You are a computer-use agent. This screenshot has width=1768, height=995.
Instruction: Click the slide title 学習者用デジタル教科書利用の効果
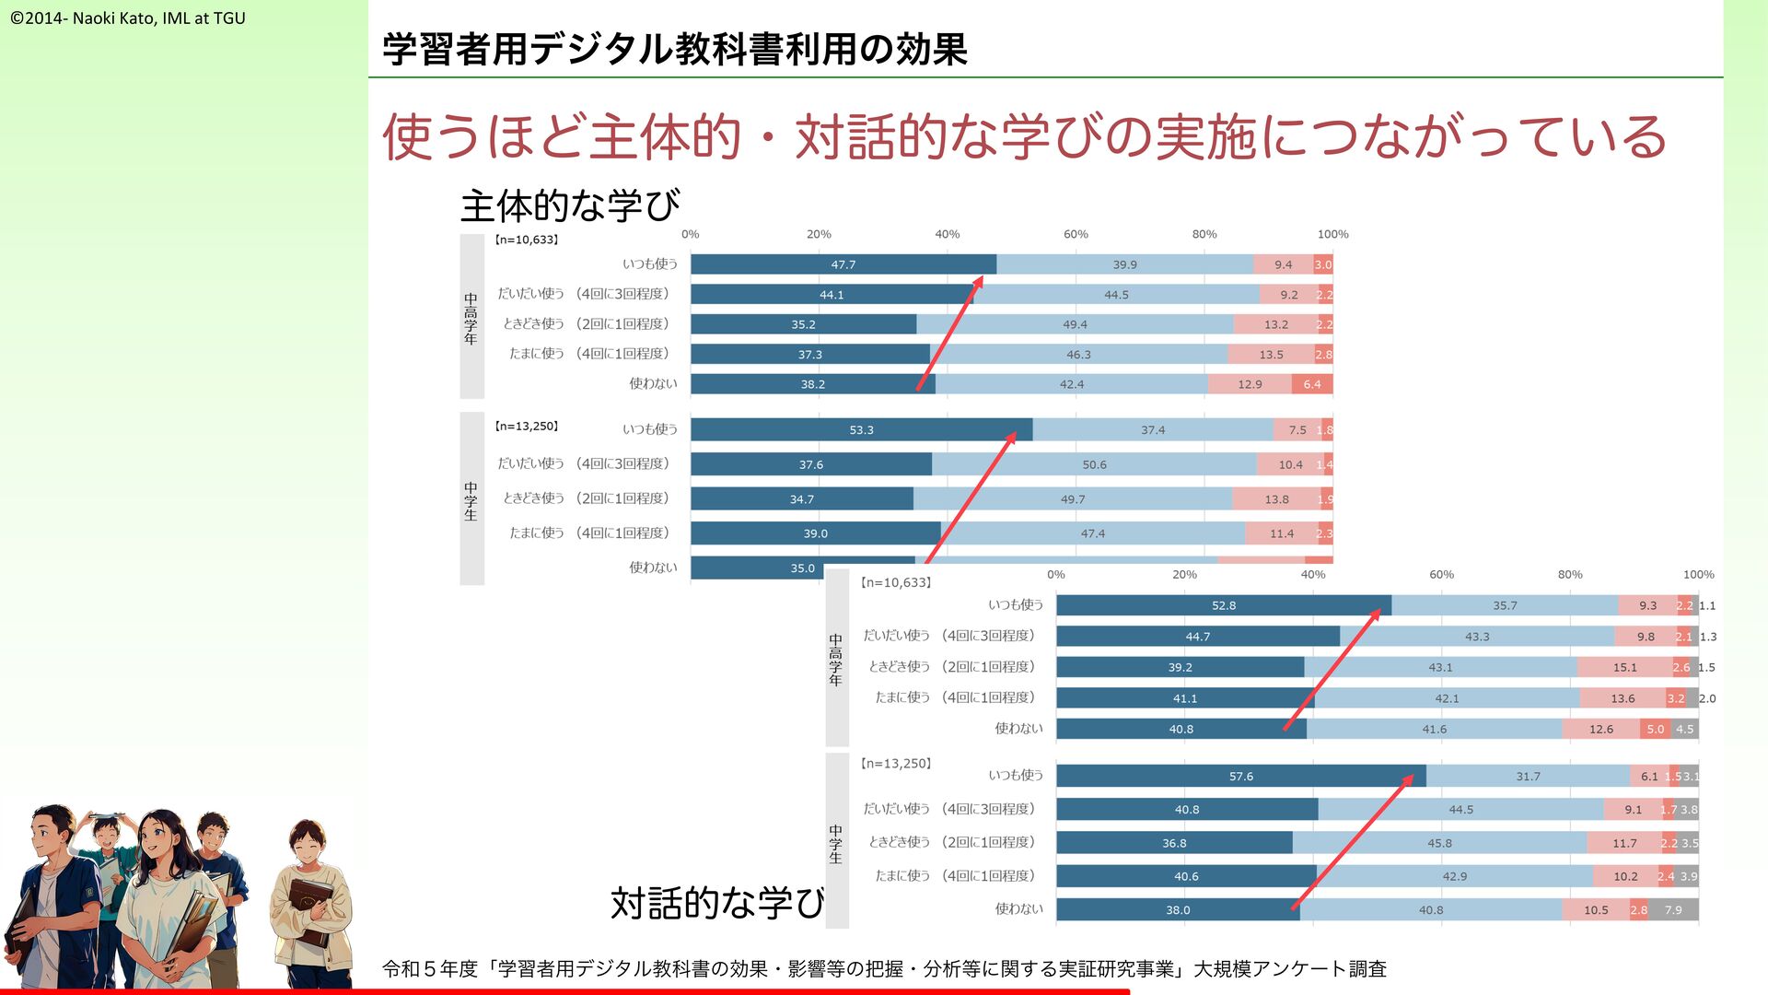click(674, 49)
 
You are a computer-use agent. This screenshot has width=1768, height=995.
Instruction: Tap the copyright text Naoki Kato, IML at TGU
click(128, 18)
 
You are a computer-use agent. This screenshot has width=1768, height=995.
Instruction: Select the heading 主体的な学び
click(570, 205)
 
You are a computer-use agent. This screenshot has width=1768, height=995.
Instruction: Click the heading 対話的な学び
click(716, 903)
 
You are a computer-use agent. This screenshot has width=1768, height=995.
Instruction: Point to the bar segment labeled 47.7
click(843, 264)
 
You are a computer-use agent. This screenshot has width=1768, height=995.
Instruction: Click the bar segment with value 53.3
click(861, 430)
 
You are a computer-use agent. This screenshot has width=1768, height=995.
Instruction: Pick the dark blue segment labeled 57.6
click(1240, 777)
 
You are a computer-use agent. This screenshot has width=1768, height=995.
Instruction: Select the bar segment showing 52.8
click(1223, 605)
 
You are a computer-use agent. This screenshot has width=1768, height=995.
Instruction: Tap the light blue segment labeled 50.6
click(1094, 464)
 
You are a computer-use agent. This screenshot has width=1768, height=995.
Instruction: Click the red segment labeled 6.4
click(1312, 384)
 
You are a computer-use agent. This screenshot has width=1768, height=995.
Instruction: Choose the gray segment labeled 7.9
click(1673, 910)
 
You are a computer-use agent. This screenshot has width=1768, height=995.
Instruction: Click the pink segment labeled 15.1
click(1624, 667)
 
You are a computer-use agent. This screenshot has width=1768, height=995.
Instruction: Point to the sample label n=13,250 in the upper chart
click(526, 427)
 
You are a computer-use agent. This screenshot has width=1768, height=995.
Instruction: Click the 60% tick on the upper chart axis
click(1076, 234)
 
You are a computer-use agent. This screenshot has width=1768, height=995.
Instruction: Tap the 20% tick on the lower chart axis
click(1184, 575)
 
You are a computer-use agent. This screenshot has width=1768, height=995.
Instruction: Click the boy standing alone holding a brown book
click(309, 898)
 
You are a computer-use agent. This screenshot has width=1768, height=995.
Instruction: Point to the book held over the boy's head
click(108, 816)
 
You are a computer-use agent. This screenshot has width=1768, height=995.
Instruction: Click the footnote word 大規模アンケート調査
click(1290, 969)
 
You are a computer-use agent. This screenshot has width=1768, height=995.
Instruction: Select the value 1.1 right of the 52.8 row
click(1707, 605)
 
